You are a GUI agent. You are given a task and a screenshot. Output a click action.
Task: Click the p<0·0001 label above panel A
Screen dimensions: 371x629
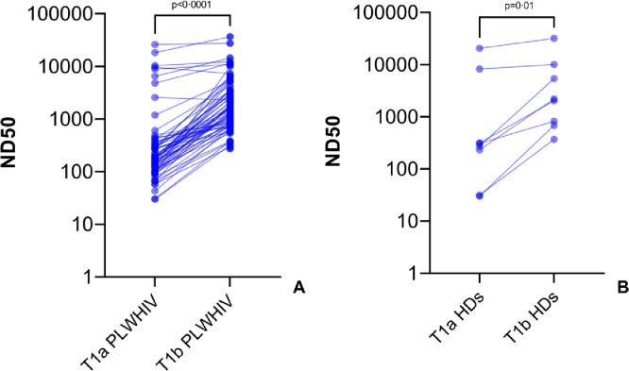click(192, 5)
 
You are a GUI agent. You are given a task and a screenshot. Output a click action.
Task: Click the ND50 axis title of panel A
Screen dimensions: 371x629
click(14, 144)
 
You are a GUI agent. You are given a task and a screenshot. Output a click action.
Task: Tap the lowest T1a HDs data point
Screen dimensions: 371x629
click(479, 195)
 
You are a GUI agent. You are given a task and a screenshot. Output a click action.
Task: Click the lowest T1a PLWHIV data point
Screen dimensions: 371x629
click(154, 198)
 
